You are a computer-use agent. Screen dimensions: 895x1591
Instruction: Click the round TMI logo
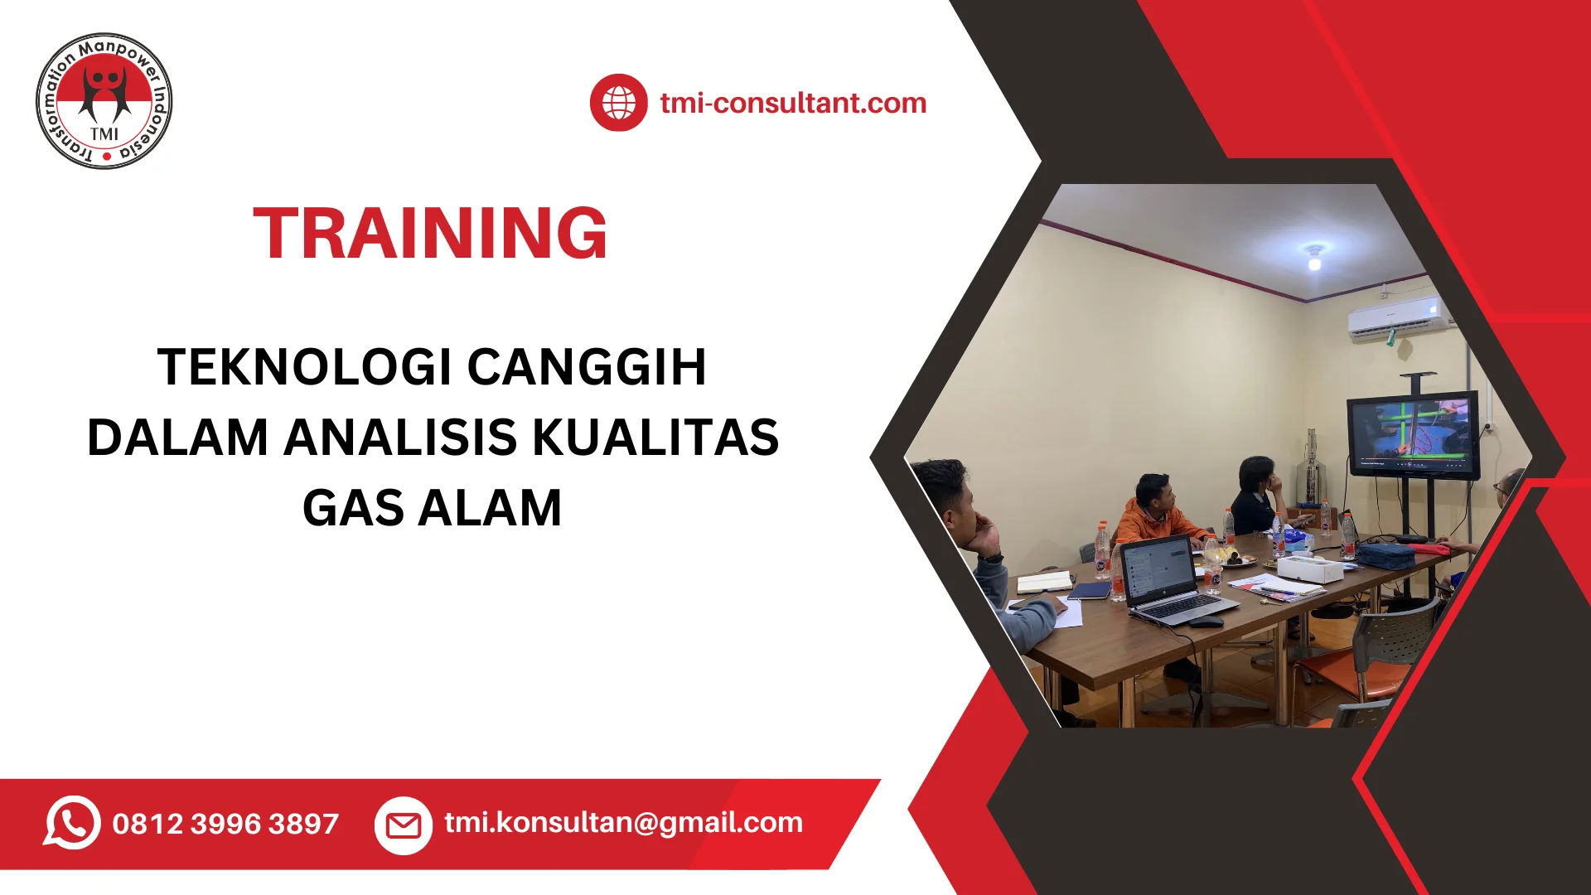104,102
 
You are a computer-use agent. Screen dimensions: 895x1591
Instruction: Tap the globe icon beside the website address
618,103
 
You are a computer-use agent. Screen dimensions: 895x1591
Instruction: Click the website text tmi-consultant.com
793,103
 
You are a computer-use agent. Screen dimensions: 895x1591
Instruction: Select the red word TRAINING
430,234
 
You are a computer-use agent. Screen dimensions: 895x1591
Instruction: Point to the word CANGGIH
587,367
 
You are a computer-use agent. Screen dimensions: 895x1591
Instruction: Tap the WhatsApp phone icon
72,823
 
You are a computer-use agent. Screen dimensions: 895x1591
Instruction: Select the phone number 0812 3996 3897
225,824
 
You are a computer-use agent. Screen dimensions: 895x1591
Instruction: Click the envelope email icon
404,825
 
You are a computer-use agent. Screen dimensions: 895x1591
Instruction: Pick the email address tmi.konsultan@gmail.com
623,822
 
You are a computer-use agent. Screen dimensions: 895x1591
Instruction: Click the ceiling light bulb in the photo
1314,261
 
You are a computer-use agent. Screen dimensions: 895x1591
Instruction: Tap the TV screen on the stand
1412,433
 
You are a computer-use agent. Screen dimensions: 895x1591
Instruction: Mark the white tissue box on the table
1309,568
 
